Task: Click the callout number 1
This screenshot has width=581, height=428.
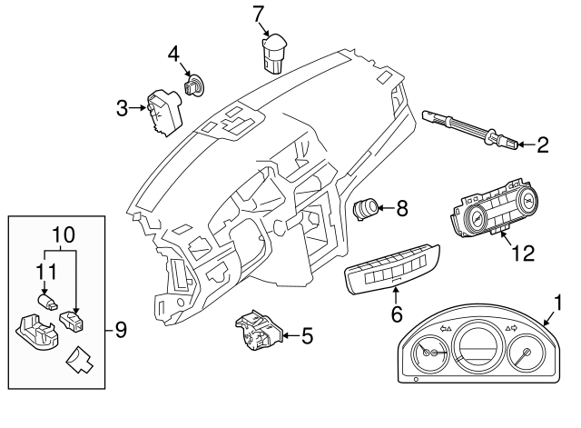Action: pos(558,301)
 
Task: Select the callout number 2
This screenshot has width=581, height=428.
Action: pos(543,144)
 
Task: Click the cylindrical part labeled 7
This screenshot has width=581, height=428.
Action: pos(271,52)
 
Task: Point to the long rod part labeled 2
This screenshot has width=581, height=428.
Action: pos(468,128)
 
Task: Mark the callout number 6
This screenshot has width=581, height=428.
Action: pos(395,314)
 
